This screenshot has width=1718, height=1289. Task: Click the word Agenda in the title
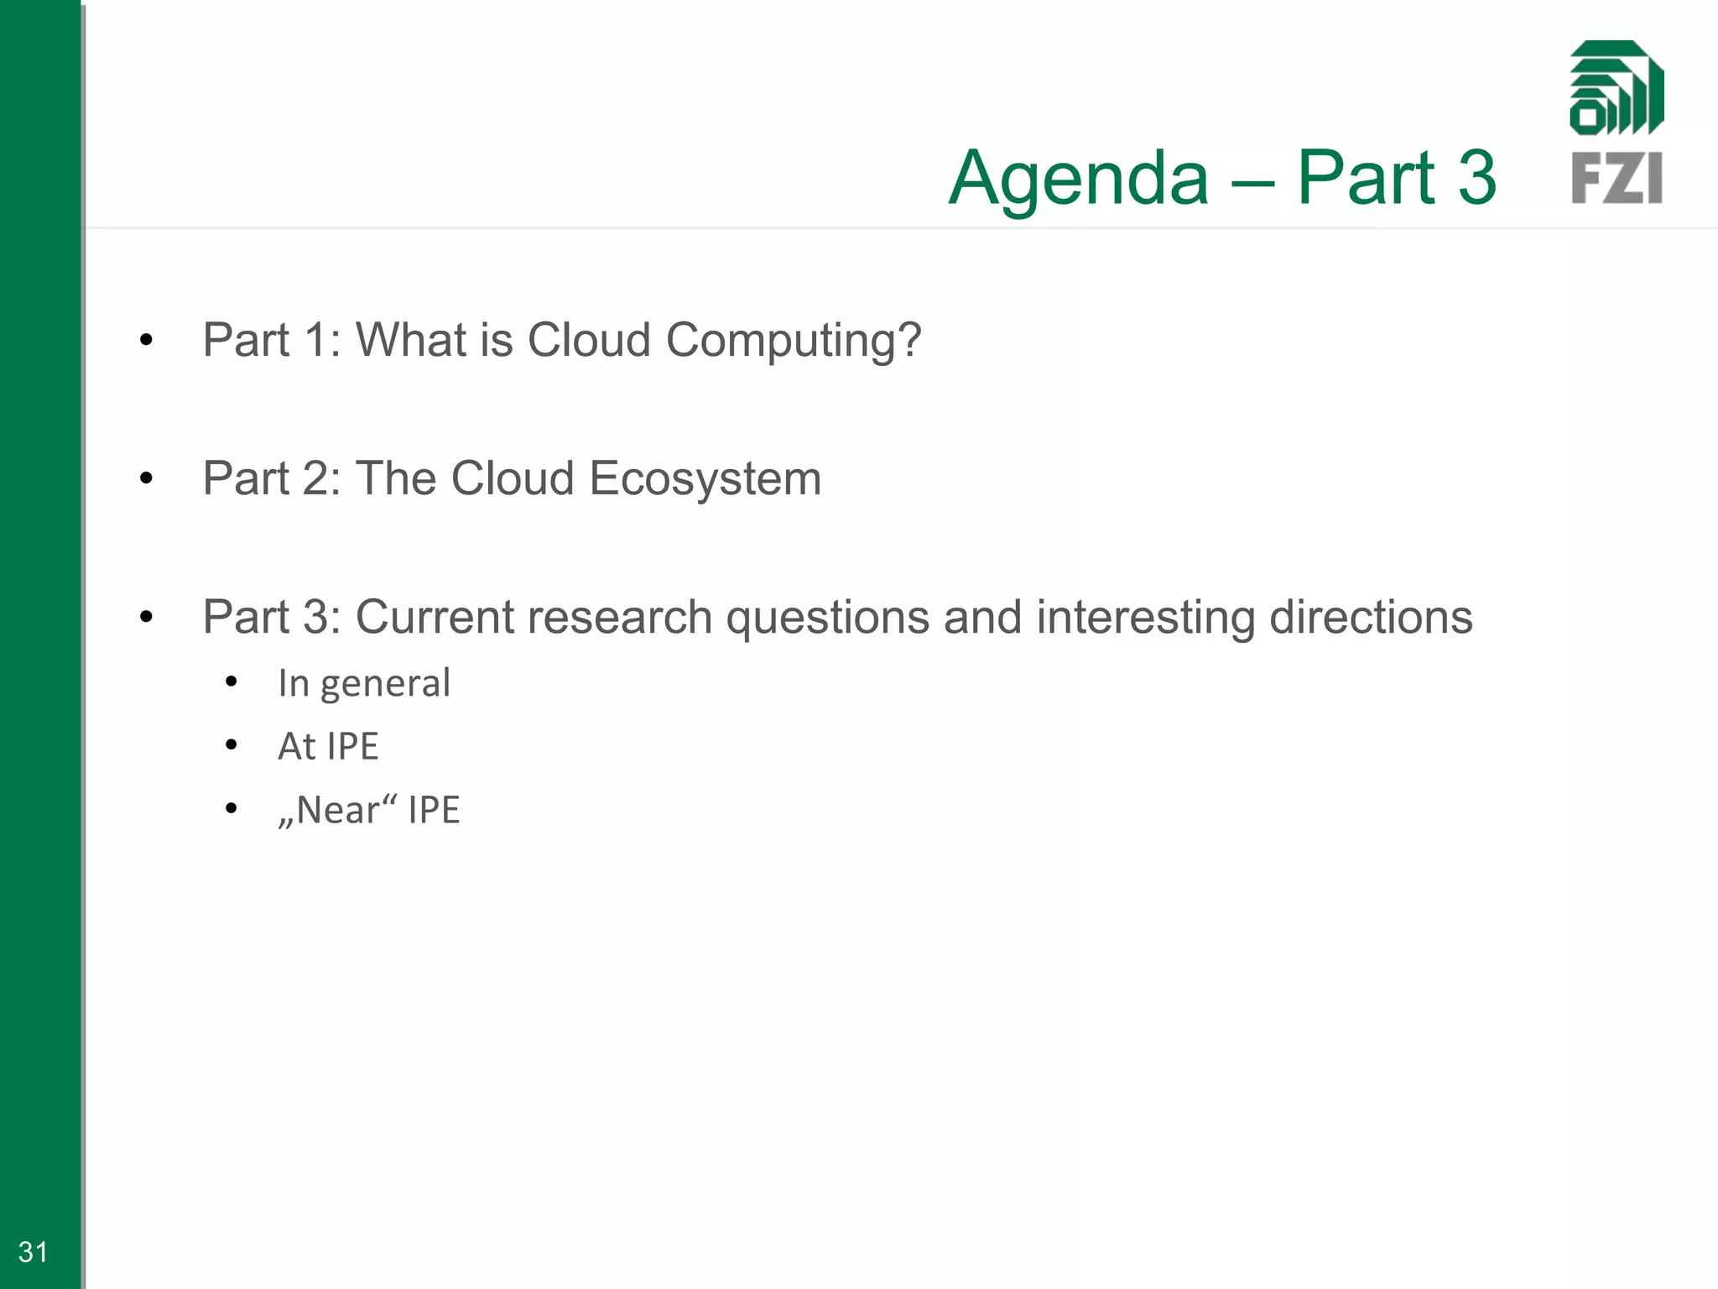pos(1079,178)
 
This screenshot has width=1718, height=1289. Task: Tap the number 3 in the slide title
pos(1476,178)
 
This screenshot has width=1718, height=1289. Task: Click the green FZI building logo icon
pos(1616,88)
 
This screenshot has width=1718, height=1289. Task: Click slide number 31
pos(33,1251)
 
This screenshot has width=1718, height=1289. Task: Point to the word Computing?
pos(794,341)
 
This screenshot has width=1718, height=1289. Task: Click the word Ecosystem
pos(705,479)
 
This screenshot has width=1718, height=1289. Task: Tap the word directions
pos(1371,617)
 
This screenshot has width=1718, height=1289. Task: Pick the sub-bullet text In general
pos(364,683)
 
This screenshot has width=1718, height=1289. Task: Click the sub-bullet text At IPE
pos(328,746)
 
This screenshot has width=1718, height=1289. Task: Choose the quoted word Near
pos(337,810)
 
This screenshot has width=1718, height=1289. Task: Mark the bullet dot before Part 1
pos(147,341)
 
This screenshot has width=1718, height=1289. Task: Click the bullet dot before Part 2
pos(147,479)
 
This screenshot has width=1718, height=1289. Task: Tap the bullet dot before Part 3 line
pos(147,618)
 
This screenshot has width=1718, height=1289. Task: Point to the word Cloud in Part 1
pos(589,341)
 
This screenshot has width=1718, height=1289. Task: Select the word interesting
pos(1145,618)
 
